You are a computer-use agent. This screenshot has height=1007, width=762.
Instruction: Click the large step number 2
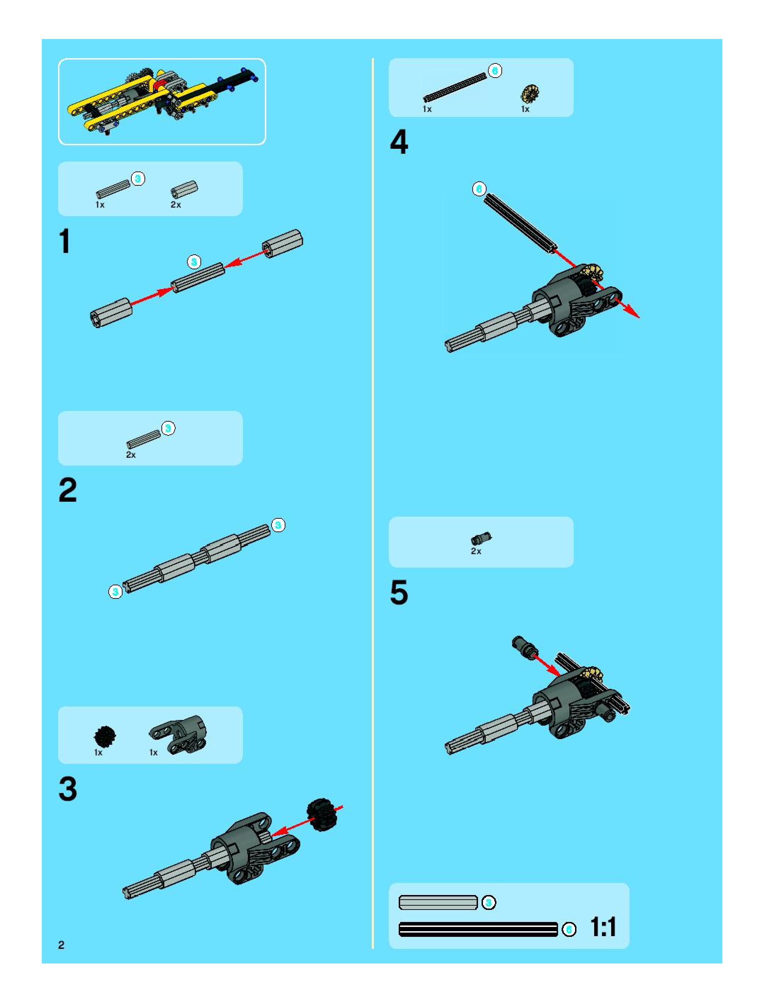(68, 490)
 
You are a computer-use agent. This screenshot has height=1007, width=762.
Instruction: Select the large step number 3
(68, 789)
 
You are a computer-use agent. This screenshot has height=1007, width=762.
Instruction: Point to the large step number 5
(399, 593)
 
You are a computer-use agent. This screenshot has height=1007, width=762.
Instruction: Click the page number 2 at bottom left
(61, 945)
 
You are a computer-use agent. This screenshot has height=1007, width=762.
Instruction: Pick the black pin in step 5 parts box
(481, 539)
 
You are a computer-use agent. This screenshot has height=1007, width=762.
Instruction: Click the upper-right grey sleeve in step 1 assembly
(283, 243)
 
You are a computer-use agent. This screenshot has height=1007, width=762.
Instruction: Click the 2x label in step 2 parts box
(131, 455)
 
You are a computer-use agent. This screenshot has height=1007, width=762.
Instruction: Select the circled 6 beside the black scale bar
(569, 929)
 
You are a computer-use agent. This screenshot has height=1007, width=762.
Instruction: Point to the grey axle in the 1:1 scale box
(438, 902)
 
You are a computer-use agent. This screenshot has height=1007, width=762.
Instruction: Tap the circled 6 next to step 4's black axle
(479, 189)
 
